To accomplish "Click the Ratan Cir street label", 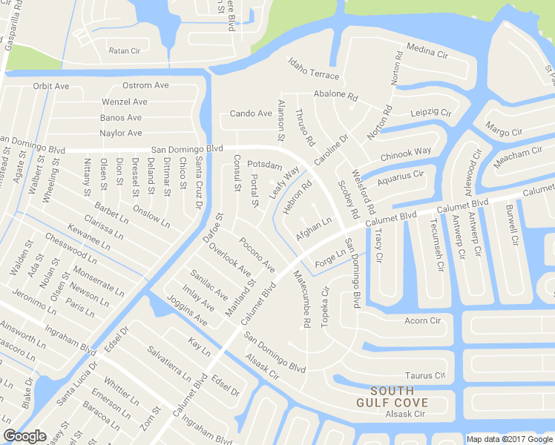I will click(x=124, y=50).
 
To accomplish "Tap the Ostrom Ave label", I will click(x=145, y=85).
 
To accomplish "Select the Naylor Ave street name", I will click(x=120, y=133).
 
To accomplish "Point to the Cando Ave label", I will click(x=251, y=113).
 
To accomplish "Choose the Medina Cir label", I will click(x=427, y=53).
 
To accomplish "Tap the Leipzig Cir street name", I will click(x=431, y=113).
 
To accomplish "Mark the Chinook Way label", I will click(x=406, y=154).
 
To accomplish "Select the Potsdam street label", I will click(x=265, y=165).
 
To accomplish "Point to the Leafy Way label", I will click(x=284, y=182).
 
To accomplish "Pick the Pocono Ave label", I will click(x=257, y=254).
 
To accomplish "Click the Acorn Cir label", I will click(x=423, y=320).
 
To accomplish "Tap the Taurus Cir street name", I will click(x=425, y=375).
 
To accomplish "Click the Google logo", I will click(x=24, y=436).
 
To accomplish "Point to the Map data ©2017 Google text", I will click(x=509, y=439).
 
